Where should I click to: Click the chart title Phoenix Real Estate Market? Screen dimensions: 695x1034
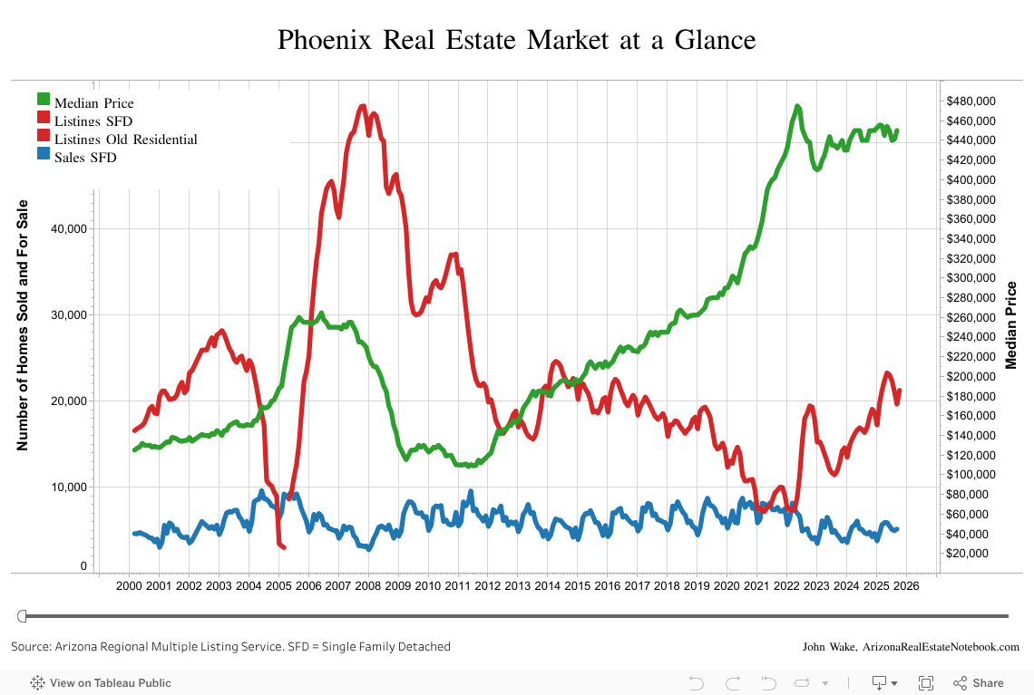(x=516, y=41)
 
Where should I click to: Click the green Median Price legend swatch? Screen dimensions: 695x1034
(x=44, y=100)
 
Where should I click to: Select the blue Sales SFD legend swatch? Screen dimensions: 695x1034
(x=44, y=155)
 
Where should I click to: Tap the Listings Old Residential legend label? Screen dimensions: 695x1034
(x=125, y=140)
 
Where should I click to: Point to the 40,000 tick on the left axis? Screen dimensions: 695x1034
(x=68, y=228)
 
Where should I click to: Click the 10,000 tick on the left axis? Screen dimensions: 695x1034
(x=68, y=487)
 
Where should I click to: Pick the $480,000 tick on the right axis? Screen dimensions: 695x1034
(x=971, y=101)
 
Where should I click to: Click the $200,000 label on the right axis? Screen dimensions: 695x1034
(x=971, y=376)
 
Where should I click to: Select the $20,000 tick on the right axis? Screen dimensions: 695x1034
(x=971, y=553)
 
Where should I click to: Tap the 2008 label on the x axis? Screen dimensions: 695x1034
(x=368, y=585)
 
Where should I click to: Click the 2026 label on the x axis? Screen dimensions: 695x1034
(x=906, y=585)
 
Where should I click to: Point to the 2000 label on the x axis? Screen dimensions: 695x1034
(x=129, y=585)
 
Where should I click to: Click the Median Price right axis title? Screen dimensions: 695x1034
(x=1012, y=324)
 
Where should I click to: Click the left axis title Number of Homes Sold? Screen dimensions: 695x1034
(x=24, y=324)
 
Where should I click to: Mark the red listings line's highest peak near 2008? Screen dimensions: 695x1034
(x=363, y=106)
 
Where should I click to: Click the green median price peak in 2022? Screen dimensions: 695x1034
(x=797, y=107)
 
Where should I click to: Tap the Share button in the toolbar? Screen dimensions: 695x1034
(x=979, y=683)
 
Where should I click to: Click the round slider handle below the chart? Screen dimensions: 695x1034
(x=24, y=616)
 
